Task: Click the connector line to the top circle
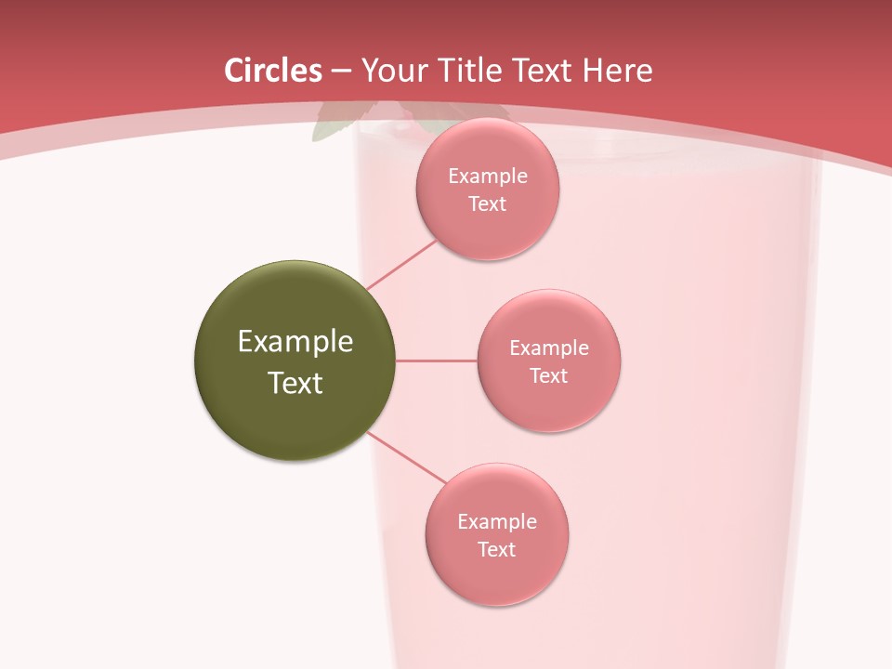(x=401, y=265)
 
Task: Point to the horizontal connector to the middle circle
(x=437, y=361)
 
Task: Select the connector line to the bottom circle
(x=407, y=457)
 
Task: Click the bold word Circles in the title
(x=273, y=71)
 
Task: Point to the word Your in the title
(x=391, y=71)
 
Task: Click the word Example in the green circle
(x=295, y=342)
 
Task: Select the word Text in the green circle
(x=295, y=383)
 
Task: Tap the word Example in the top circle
(x=488, y=177)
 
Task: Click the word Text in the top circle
(x=488, y=204)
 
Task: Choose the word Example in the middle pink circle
(x=549, y=348)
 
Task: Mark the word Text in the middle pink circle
(x=549, y=376)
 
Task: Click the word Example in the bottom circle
(x=497, y=522)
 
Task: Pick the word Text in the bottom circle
(x=497, y=550)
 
